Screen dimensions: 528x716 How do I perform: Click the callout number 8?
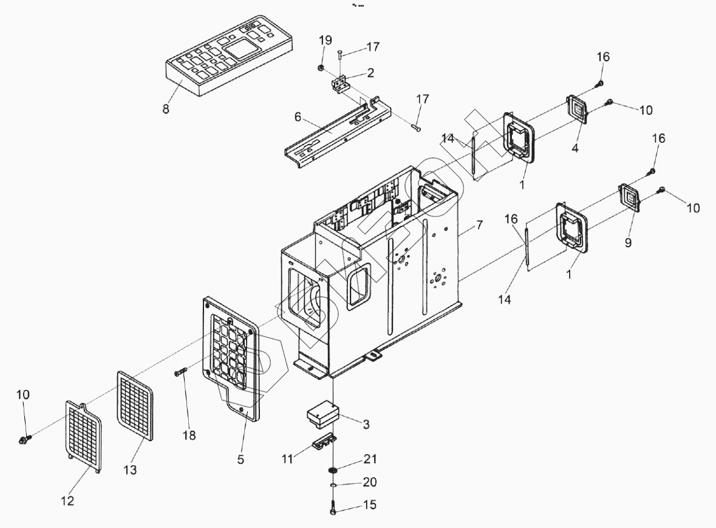point(166,109)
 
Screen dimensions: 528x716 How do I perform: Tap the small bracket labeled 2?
point(340,84)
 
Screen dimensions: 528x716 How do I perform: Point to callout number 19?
point(326,41)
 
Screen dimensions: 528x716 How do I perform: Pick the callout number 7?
point(479,225)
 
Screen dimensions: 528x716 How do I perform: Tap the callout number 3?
point(366,425)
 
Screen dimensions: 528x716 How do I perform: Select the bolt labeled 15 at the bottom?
point(333,508)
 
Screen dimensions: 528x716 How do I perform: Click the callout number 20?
point(370,482)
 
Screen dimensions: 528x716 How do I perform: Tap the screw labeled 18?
point(181,371)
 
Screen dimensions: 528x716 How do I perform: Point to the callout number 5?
point(240,460)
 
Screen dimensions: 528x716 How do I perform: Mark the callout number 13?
point(131,470)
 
